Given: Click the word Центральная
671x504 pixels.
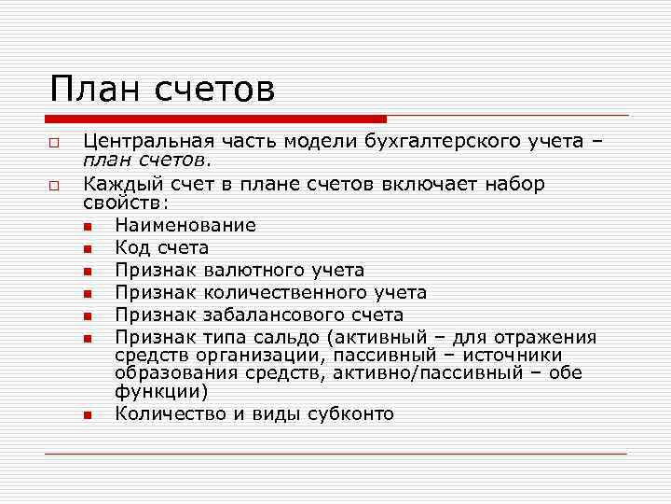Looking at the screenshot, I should [x=149, y=142].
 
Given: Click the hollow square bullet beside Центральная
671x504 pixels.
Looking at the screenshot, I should [x=56, y=144].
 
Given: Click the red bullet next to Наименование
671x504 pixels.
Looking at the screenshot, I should [x=87, y=226].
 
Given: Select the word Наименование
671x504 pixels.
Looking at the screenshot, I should [x=185, y=225].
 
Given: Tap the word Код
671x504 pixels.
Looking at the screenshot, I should [x=131, y=247].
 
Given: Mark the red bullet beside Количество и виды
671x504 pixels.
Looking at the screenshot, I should [x=87, y=414].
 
